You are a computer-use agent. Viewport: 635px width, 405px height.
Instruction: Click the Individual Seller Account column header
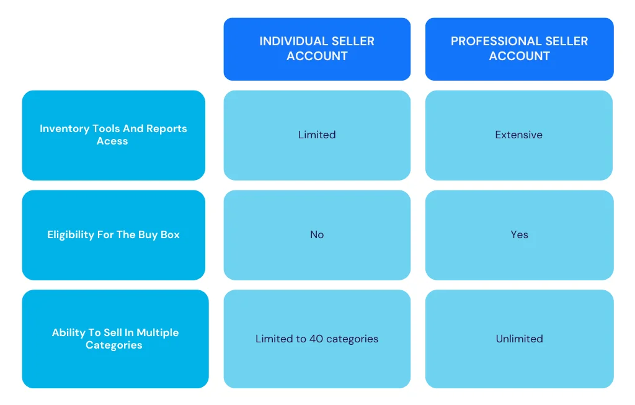(x=317, y=49)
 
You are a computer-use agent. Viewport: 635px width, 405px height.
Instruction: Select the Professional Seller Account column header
(x=519, y=49)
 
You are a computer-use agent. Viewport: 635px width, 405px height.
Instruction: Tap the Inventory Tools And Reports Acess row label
(x=113, y=135)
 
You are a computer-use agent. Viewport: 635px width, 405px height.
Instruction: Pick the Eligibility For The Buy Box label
(x=113, y=235)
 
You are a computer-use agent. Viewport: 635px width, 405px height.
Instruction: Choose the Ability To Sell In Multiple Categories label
(x=115, y=339)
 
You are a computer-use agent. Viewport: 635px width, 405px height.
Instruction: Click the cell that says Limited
(x=317, y=135)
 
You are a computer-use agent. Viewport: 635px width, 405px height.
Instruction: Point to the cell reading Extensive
(x=519, y=135)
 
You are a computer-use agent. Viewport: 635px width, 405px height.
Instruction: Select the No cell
(x=317, y=235)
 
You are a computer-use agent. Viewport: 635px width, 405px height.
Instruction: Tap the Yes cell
(x=519, y=235)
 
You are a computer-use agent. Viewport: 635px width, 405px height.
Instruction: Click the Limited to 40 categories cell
(x=317, y=339)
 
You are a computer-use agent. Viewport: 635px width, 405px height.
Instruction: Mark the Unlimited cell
(x=519, y=339)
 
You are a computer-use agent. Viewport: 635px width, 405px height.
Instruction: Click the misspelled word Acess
(x=112, y=141)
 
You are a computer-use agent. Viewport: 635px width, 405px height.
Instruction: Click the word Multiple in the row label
(x=158, y=333)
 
